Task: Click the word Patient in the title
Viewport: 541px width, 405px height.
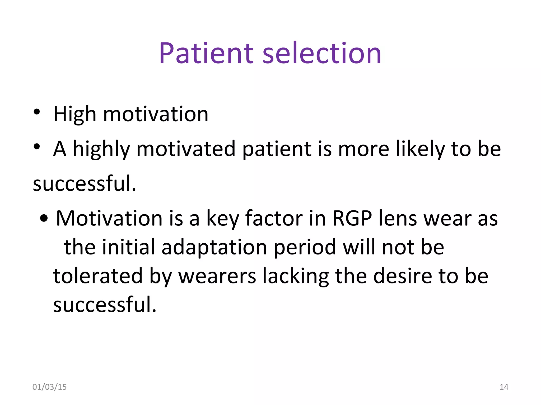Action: [x=206, y=54]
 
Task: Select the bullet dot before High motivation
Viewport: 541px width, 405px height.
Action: [x=37, y=112]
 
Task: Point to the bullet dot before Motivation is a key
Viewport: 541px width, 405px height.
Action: [x=44, y=218]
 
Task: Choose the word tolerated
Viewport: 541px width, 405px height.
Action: [x=98, y=276]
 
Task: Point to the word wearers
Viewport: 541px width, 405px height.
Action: [x=217, y=276]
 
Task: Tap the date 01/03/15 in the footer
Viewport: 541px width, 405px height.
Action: [x=49, y=387]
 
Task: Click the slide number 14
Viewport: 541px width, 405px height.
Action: [x=504, y=387]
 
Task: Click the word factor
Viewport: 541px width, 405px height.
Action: [x=274, y=219]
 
